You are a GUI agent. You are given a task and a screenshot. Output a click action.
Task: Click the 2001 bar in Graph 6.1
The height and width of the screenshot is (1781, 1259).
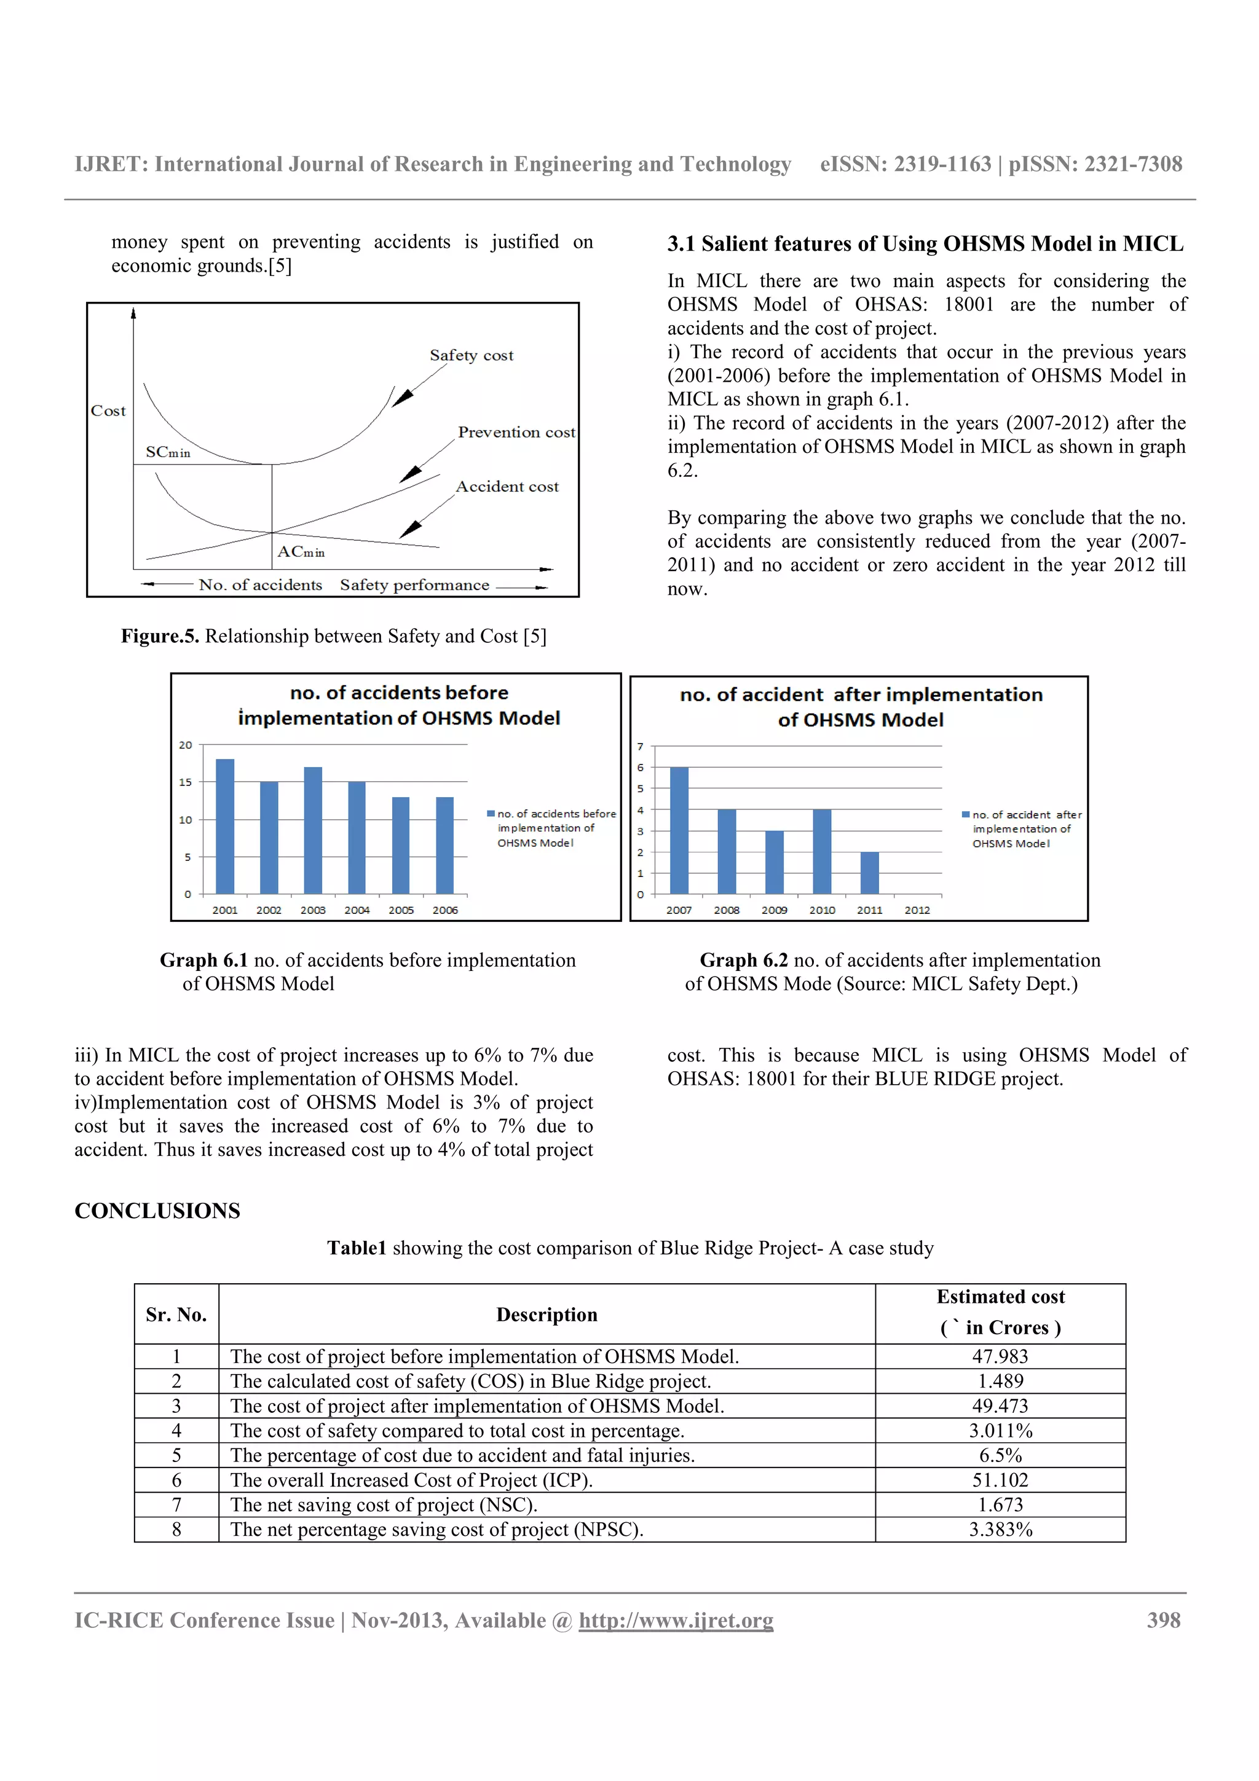[x=225, y=827]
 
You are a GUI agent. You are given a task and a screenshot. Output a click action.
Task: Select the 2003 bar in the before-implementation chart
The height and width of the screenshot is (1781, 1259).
[x=313, y=831]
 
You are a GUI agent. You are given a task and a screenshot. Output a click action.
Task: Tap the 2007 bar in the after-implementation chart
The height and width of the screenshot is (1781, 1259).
[x=679, y=831]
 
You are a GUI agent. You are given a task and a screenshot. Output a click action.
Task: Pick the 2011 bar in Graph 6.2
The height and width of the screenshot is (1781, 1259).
[x=870, y=873]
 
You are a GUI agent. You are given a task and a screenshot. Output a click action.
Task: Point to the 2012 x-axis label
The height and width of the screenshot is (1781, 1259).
[x=917, y=910]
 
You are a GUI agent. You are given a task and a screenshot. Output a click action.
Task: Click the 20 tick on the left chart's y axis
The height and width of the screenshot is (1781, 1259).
[x=186, y=745]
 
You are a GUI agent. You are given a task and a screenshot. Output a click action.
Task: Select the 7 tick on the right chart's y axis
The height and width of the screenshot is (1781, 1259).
[x=640, y=746]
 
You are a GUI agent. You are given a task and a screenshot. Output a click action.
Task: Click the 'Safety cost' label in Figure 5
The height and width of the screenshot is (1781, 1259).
[x=472, y=355]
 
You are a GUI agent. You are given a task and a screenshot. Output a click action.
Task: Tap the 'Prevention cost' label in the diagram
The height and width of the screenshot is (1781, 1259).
[x=516, y=432]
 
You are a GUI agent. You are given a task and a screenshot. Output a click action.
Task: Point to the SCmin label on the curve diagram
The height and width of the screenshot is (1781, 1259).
[x=168, y=452]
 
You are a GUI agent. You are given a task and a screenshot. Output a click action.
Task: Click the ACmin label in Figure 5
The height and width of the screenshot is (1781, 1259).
[x=301, y=551]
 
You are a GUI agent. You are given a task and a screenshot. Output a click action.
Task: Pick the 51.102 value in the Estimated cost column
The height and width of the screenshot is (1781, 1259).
[x=1000, y=1479]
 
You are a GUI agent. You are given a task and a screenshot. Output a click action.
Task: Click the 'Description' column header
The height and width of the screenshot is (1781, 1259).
[x=547, y=1314]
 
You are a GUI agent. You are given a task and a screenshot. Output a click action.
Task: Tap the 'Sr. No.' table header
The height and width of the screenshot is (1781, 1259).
[x=176, y=1314]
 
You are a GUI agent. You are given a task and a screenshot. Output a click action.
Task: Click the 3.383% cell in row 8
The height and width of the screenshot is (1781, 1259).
[x=1000, y=1529]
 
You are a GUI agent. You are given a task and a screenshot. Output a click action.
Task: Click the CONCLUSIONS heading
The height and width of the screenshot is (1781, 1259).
[x=157, y=1210]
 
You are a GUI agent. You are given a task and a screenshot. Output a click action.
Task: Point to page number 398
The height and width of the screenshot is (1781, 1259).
[x=1164, y=1619]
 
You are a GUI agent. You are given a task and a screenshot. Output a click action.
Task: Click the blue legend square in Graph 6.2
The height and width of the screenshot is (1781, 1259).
[x=966, y=814]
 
